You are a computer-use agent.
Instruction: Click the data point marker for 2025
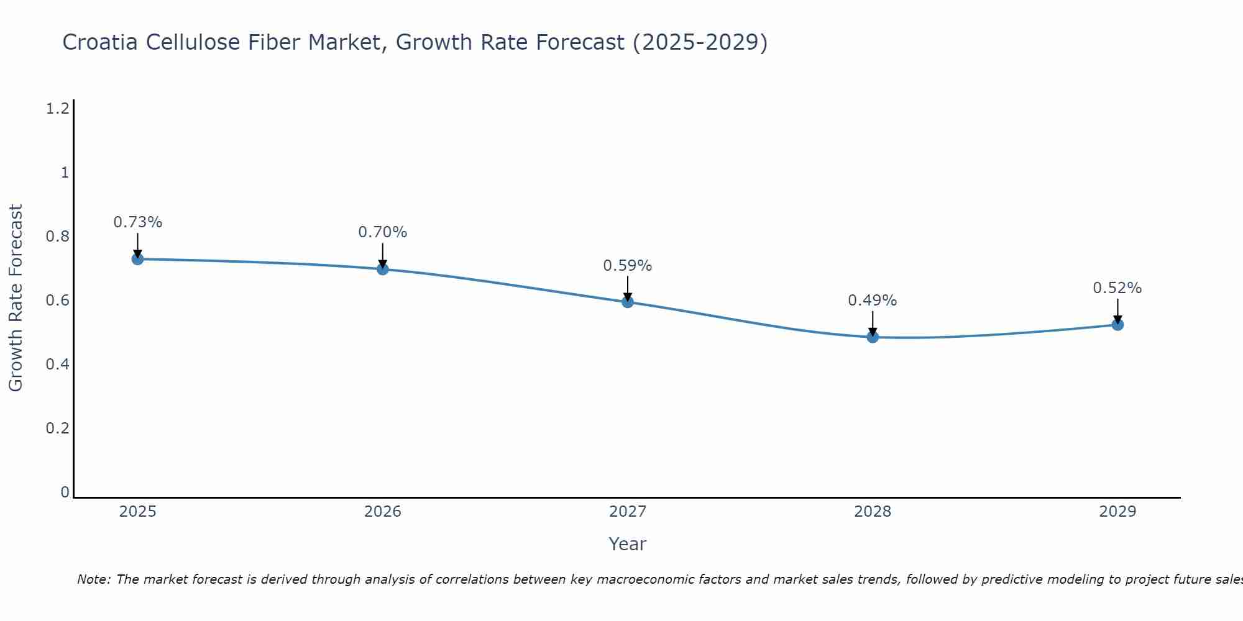(138, 259)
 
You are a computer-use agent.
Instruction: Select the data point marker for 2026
(383, 269)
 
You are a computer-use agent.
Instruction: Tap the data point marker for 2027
(628, 302)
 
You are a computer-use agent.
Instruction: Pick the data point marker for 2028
(873, 337)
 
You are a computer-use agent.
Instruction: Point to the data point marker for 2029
(1117, 324)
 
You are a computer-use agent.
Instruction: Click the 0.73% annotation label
(138, 222)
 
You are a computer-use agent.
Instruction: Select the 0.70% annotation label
(383, 232)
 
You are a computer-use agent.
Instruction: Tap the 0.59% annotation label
(628, 266)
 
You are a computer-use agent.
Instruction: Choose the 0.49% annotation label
(873, 301)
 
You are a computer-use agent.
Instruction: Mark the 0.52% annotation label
(1117, 288)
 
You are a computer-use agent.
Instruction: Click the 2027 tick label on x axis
(628, 512)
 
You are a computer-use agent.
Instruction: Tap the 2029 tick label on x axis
(1117, 512)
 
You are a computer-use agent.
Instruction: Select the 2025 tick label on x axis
(138, 512)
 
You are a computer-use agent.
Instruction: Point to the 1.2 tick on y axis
(57, 109)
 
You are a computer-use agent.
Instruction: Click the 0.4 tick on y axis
(57, 364)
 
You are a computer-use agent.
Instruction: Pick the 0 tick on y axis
(65, 492)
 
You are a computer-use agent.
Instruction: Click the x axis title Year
(628, 544)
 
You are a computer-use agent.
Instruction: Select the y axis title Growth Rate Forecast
(16, 298)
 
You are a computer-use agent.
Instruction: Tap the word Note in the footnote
(93, 579)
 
